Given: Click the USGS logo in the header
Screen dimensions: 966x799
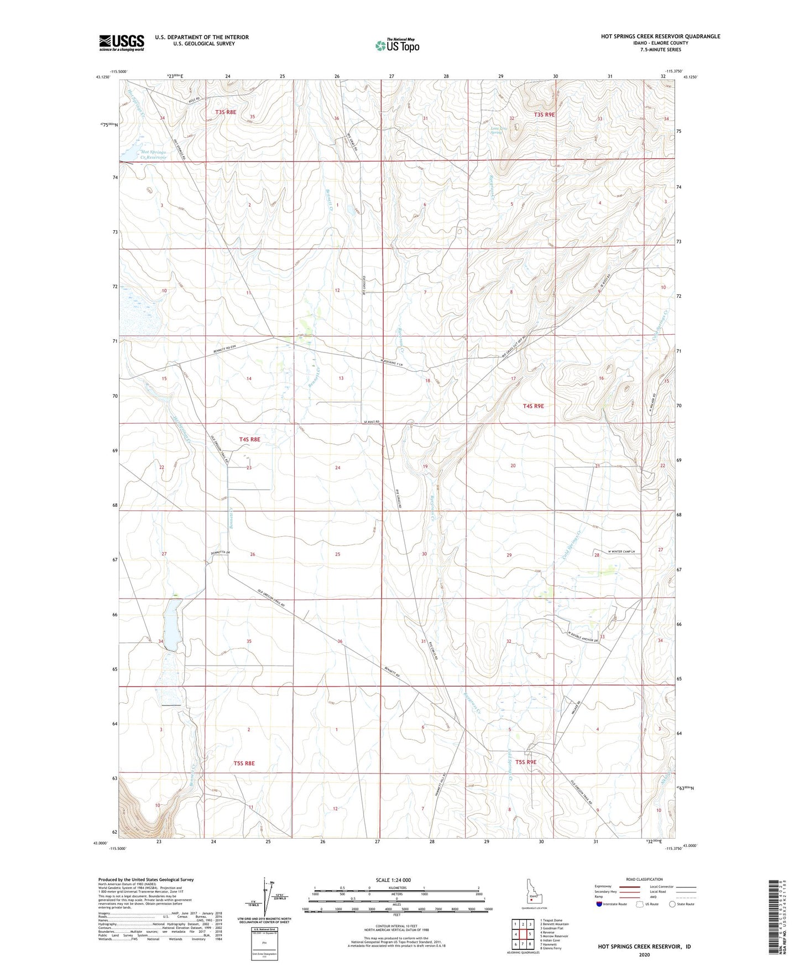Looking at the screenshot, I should coord(122,42).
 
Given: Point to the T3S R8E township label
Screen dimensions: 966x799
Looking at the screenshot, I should coord(226,112).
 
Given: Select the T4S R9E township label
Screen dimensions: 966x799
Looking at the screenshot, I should coord(533,406).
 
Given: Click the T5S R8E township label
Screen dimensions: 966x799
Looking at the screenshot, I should coord(244,763).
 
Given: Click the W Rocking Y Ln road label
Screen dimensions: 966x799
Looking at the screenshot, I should coord(396,362).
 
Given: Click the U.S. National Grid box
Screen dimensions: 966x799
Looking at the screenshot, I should coord(263,942).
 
